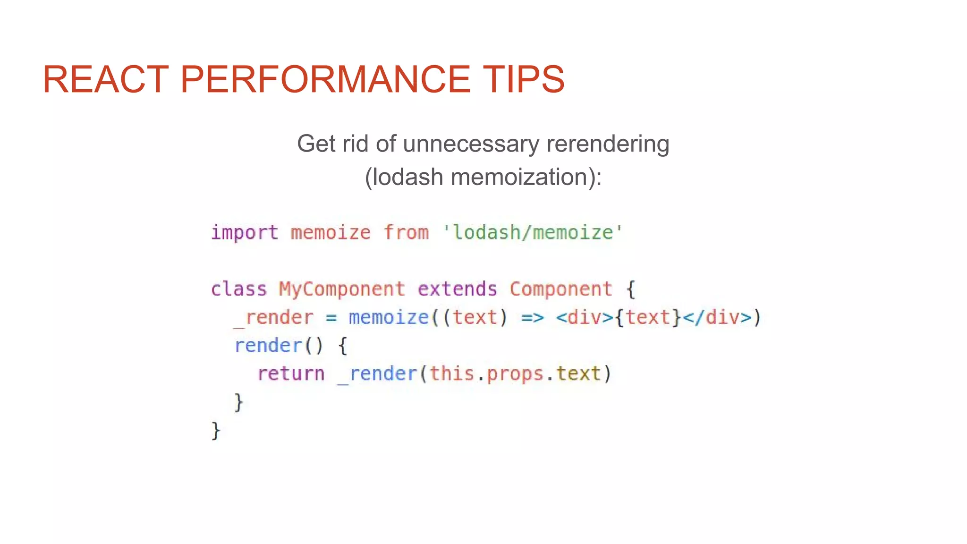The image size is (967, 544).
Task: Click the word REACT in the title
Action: [105, 79]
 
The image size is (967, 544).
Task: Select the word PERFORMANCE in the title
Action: [325, 79]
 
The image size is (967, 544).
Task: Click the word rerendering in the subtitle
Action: [608, 144]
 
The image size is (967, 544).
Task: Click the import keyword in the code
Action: [245, 233]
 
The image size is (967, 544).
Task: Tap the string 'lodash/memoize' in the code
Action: [533, 233]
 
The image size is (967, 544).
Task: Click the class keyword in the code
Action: [239, 289]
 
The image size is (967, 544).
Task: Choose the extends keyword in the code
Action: [457, 289]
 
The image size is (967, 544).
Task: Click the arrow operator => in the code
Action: [532, 317]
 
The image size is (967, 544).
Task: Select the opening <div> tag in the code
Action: [585, 317]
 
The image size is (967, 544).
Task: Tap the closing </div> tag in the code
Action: [717, 317]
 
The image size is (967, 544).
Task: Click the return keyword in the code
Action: [291, 374]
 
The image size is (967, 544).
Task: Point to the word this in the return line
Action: [451, 374]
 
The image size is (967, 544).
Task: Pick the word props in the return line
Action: [515, 374]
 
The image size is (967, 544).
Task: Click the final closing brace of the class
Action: [216, 431]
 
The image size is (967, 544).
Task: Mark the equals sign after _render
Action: [331, 318]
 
